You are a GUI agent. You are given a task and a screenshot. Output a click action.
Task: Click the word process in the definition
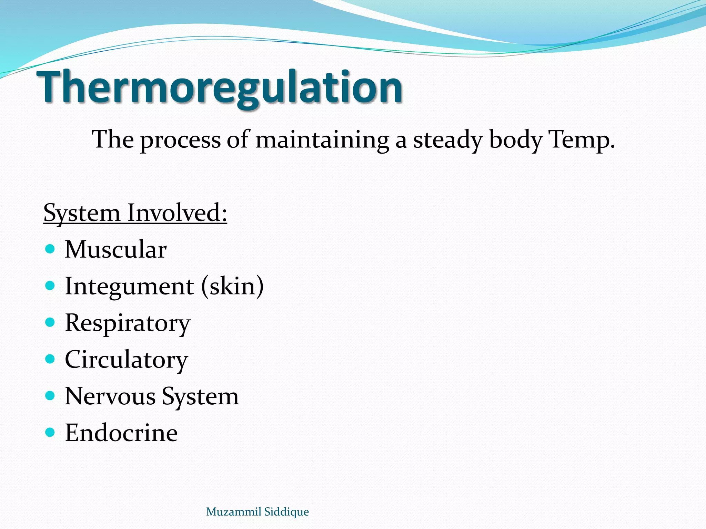click(x=180, y=141)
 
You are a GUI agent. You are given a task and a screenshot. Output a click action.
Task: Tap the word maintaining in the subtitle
click(x=322, y=140)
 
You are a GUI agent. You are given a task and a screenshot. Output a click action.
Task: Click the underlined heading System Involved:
click(x=135, y=213)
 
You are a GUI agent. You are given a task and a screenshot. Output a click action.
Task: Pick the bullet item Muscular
click(x=116, y=249)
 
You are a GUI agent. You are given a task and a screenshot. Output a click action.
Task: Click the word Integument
click(x=129, y=287)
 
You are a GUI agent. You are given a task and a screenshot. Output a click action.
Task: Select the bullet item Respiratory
click(x=128, y=323)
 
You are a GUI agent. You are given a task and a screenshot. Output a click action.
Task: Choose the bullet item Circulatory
click(x=126, y=360)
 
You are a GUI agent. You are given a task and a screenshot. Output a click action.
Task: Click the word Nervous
click(x=110, y=396)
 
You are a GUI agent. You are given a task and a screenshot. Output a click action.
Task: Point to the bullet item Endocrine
click(x=121, y=433)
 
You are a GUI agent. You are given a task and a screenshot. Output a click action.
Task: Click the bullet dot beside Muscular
click(x=50, y=249)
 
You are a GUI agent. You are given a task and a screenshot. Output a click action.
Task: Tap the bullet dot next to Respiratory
click(x=50, y=322)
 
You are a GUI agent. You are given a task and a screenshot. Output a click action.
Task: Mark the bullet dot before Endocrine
click(x=50, y=432)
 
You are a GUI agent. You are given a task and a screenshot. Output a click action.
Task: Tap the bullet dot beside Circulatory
click(x=50, y=359)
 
